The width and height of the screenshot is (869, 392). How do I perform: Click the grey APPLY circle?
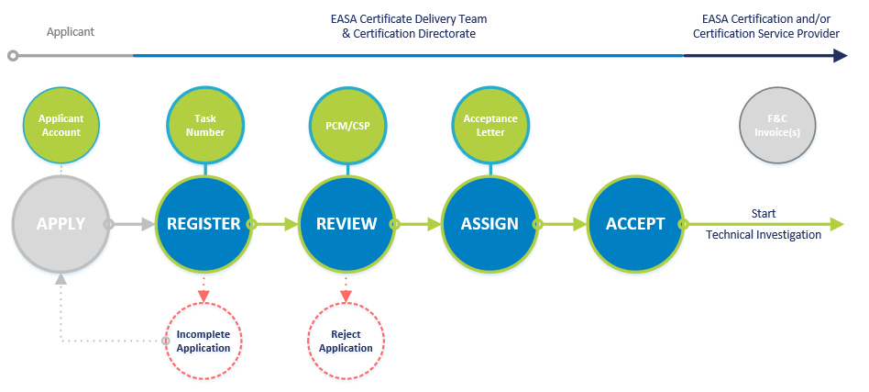60,223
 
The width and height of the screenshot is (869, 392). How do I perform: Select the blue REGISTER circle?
203,223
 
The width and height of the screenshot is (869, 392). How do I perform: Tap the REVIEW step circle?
346,223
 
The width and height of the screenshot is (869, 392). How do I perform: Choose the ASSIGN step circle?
489,223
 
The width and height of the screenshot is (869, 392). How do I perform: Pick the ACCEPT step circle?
634,223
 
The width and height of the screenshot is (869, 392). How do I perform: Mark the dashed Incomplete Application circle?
203,341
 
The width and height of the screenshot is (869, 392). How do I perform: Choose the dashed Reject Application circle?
346,341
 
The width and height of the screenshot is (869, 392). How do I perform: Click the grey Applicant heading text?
71,32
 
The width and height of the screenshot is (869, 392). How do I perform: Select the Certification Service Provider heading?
766,34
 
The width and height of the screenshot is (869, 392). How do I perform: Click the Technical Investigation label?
763,235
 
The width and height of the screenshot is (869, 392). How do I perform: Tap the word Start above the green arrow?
764,213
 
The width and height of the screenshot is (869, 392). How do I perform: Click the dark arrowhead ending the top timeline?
840,56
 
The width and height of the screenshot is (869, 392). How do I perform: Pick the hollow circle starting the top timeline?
13,56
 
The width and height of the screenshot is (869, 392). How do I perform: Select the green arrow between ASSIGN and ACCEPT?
563,223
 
